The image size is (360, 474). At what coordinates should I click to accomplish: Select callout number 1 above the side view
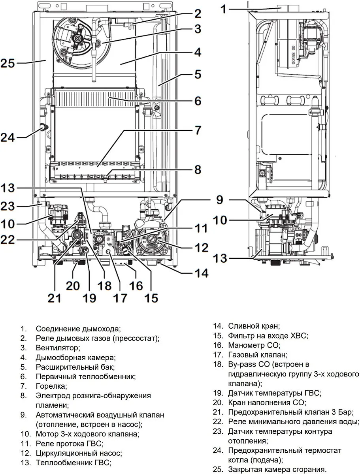224,9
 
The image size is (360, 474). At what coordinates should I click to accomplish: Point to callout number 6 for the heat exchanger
198,101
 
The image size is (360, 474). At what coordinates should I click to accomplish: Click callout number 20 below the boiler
73,285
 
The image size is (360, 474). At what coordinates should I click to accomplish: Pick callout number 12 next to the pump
200,248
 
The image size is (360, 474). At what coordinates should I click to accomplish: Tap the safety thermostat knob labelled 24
43,128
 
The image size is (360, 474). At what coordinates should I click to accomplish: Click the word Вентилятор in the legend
58,348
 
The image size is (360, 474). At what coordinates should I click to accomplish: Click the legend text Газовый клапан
257,355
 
